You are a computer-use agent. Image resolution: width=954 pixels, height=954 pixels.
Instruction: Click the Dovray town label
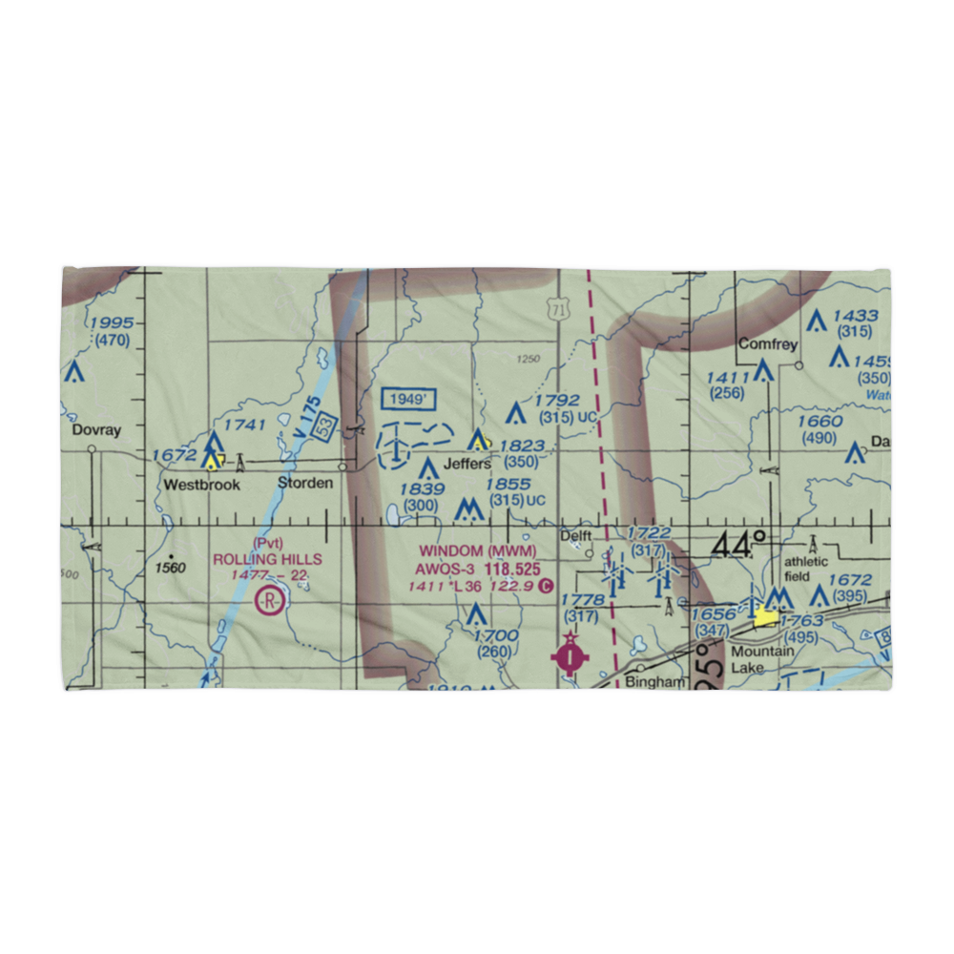coord(97,430)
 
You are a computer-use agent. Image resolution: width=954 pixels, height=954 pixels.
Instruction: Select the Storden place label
coord(305,483)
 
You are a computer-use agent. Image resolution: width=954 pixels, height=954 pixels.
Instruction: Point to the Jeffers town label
coord(467,464)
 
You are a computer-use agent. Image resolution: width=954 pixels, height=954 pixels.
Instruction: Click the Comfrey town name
coord(767,345)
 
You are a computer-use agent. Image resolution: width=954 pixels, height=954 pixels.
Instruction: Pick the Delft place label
coord(575,536)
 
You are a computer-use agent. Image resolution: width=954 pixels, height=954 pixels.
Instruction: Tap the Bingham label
coord(655,682)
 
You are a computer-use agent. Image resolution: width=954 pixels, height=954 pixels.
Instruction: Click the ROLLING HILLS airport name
coord(267,559)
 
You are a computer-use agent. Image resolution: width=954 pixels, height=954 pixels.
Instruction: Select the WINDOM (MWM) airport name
coord(478,551)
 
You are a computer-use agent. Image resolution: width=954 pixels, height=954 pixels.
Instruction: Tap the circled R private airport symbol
coord(270,602)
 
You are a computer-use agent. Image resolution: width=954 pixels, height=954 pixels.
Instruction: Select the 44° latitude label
coord(738,544)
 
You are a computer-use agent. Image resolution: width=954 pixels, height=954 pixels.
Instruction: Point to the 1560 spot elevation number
coord(171,568)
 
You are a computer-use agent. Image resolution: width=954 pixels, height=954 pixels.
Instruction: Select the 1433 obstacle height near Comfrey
coord(854,316)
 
